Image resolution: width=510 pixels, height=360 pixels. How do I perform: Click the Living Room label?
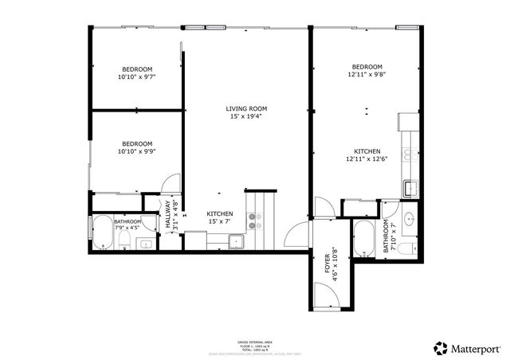245,108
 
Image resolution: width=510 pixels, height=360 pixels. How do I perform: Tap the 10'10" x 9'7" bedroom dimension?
136,77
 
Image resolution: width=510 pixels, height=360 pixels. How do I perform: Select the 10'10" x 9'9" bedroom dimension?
136,151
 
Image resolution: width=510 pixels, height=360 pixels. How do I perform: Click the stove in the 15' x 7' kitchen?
254,221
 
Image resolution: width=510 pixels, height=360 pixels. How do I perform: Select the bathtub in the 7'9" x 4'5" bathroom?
103,232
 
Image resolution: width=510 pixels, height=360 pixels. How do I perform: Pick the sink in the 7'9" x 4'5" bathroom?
145,244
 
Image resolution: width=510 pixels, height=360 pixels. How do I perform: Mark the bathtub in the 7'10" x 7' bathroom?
363,239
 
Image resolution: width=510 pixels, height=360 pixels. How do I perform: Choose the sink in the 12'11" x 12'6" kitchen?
409,188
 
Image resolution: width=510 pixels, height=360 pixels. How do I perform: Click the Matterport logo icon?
440,347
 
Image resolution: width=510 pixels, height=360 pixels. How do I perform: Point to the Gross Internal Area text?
255,342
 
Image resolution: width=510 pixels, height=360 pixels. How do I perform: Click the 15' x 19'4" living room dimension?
245,116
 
